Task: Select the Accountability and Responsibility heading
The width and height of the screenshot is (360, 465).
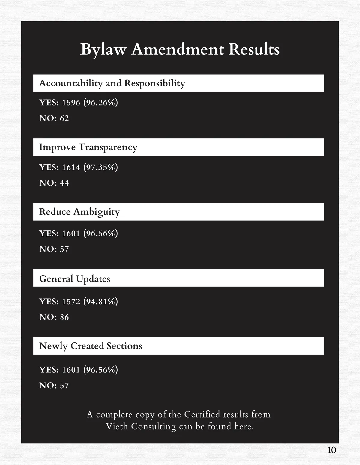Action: coord(112,83)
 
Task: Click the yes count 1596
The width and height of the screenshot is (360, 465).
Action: coord(71,103)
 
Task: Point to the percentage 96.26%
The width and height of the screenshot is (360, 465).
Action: coord(100,103)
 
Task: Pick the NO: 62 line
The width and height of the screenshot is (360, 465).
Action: coord(54,118)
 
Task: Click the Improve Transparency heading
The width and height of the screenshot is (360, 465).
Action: coord(88,147)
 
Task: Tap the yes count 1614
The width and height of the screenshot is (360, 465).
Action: coord(71,167)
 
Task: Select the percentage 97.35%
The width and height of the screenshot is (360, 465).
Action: coord(100,167)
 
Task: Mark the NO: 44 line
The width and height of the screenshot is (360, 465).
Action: coord(54,183)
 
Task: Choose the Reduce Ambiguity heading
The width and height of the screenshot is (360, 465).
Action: coord(79,212)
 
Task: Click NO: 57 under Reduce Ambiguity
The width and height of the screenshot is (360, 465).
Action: coord(54,249)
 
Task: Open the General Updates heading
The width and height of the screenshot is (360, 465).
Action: coord(75,279)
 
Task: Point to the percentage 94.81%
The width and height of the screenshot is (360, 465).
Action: coord(100,301)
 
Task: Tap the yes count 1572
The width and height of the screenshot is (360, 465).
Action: coord(71,301)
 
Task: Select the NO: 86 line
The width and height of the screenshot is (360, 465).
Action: coord(54,317)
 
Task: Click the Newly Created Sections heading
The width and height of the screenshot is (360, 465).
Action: coord(91,346)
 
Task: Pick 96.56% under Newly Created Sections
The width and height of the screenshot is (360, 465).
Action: coord(100,370)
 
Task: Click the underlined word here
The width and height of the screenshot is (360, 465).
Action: coord(243,426)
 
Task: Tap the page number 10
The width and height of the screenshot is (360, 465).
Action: coord(332,450)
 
